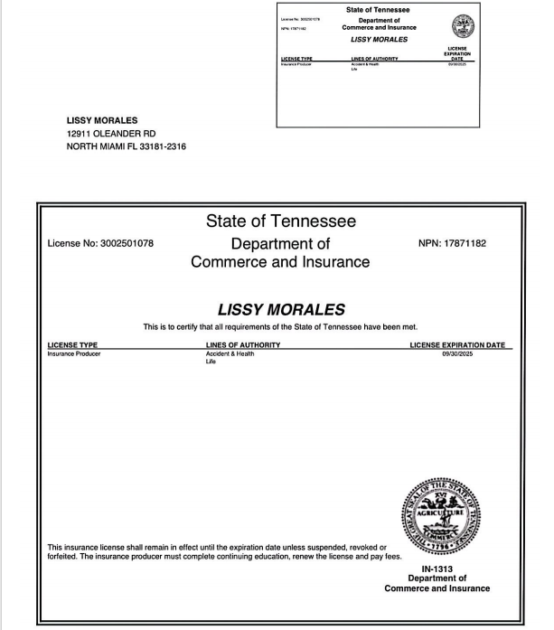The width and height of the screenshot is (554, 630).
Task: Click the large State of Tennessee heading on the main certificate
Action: pos(280,221)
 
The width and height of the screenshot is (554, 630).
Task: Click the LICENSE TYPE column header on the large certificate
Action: pos(72,345)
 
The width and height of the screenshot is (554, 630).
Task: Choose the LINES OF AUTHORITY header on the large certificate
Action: pos(243,345)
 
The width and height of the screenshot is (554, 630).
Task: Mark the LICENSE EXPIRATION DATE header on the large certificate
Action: pos(461,345)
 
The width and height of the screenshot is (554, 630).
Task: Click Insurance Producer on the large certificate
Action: pos(75,353)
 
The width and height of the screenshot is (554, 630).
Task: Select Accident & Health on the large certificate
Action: pos(230,353)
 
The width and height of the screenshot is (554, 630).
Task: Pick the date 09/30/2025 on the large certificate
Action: pos(461,353)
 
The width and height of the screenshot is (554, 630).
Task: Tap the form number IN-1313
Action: pos(437,569)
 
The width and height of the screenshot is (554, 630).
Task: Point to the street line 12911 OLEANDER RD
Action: pos(111,134)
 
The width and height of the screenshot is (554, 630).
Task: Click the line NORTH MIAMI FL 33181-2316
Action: pos(126,147)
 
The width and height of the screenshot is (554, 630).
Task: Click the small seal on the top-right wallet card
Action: pos(463,25)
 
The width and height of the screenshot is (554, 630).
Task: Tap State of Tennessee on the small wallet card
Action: pos(378,10)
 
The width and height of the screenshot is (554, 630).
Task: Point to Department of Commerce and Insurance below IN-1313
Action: pos(437,583)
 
